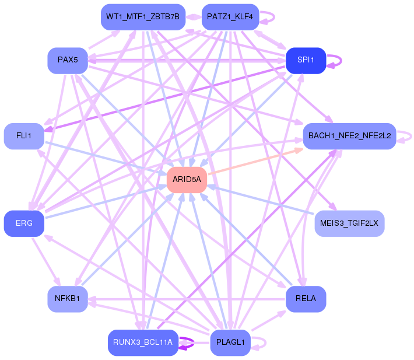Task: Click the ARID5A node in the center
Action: point(187,180)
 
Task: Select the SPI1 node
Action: point(306,61)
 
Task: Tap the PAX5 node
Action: point(67,61)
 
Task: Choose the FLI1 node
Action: point(24,136)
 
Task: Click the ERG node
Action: point(24,223)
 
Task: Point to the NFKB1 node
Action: point(67,299)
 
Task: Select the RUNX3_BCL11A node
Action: point(143,342)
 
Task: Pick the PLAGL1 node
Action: point(230,342)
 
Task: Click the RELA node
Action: point(306,299)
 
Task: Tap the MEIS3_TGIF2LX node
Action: point(349,223)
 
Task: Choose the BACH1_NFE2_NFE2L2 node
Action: point(349,136)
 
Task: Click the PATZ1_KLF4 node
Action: point(230,17)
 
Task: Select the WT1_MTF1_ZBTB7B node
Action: point(143,17)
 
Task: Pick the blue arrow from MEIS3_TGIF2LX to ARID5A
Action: point(262,201)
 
